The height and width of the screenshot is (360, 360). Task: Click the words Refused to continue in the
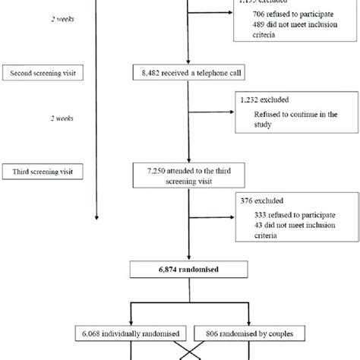295,115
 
